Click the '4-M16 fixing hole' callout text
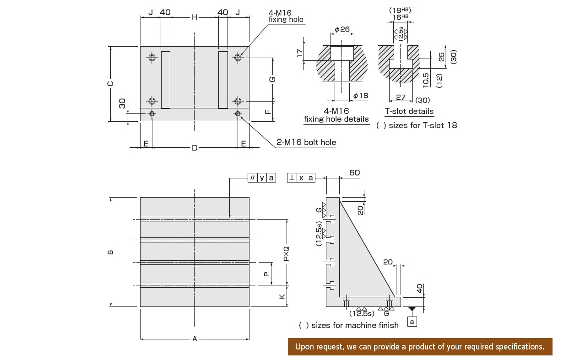click(x=286, y=16)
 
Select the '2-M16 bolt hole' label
click(x=306, y=142)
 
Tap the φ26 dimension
click(x=342, y=29)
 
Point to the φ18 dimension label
click(x=361, y=96)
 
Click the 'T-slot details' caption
click(x=409, y=111)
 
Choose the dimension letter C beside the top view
click(x=111, y=84)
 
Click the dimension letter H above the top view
click(x=195, y=17)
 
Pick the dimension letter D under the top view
click(x=195, y=148)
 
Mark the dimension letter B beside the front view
click(x=110, y=252)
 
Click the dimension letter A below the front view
click(x=195, y=339)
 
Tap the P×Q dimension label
click(x=287, y=253)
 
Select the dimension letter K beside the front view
click(x=282, y=296)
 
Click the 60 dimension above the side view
click(x=354, y=173)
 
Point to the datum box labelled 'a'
click(x=412, y=322)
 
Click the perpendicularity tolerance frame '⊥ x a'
click(x=301, y=178)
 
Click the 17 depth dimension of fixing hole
click(x=300, y=53)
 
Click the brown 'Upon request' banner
click(x=420, y=347)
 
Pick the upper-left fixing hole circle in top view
click(x=152, y=58)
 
